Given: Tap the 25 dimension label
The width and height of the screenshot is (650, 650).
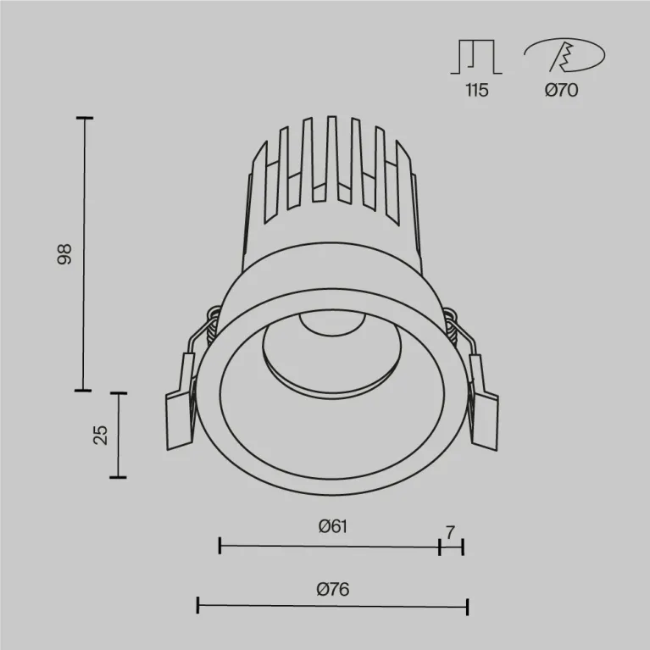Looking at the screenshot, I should point(101,436).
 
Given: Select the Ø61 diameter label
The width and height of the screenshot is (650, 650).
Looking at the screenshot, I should point(333,526).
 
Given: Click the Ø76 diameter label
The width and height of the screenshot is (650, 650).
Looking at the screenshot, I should point(332,588).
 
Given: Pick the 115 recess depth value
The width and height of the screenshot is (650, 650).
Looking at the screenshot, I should point(476,91).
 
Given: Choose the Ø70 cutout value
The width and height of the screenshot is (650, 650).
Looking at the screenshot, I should point(561,91).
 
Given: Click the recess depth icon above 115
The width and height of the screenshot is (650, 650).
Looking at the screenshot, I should point(477,57).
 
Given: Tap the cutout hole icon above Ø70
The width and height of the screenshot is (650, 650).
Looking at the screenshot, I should point(564,55).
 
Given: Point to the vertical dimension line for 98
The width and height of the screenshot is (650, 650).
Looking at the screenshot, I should point(84,254).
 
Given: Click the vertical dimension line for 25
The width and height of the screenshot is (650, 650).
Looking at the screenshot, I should point(119,436).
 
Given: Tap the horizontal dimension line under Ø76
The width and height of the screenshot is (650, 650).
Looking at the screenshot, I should point(332,605).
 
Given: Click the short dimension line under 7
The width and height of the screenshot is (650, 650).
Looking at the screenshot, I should point(451,547).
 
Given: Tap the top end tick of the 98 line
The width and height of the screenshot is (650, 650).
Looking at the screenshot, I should point(84,118).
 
